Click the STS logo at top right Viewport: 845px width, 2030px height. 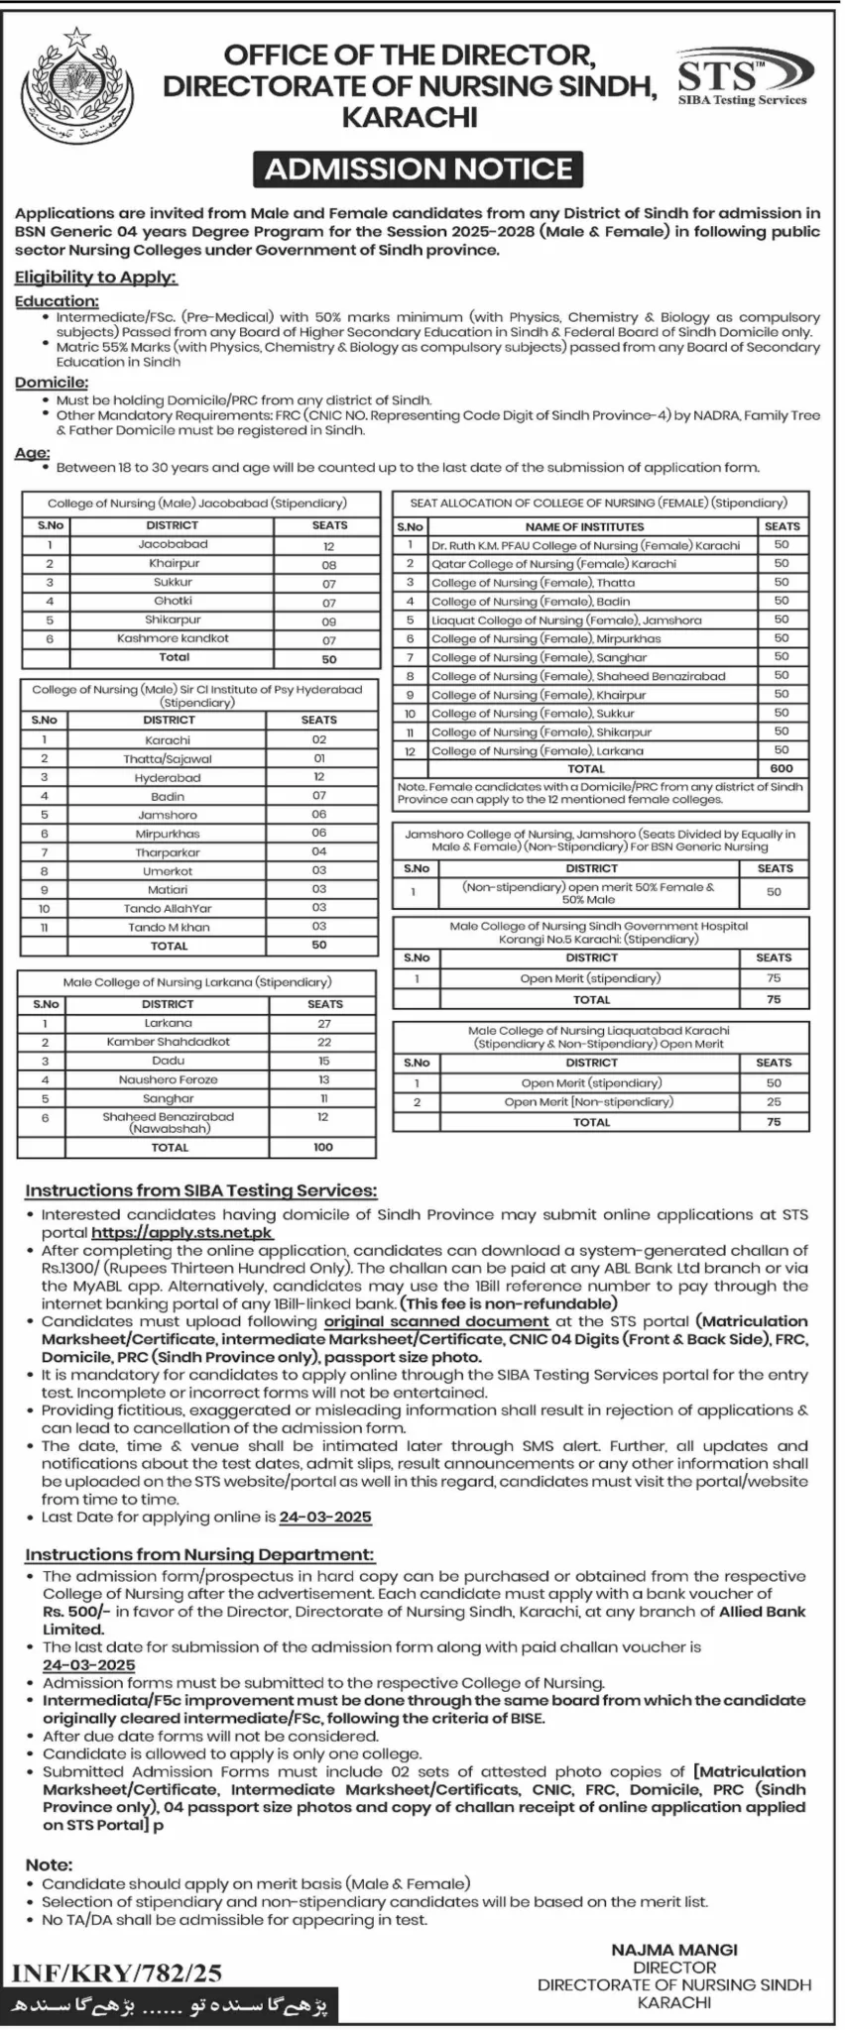pyautogui.click(x=743, y=79)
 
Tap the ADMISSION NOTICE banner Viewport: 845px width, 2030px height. pyautogui.click(x=418, y=169)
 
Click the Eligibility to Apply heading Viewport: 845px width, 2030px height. pyautogui.click(x=95, y=278)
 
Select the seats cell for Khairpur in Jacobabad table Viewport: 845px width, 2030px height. pyautogui.click(x=329, y=564)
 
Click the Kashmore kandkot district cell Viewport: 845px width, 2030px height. pyautogui.click(x=173, y=638)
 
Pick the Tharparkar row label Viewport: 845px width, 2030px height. pyautogui.click(x=168, y=852)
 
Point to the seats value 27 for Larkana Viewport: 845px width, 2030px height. pyautogui.click(x=324, y=1023)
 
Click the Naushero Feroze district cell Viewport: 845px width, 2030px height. pyautogui.click(x=169, y=1079)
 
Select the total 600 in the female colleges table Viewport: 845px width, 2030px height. pyautogui.click(x=782, y=768)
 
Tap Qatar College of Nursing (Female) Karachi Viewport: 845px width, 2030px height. pyautogui.click(x=553, y=564)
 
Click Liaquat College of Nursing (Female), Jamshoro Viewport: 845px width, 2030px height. pyautogui.click(x=566, y=620)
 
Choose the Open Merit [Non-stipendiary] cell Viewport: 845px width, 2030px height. pyautogui.click(x=589, y=1102)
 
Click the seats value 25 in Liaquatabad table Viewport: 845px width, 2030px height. pyautogui.click(x=774, y=1102)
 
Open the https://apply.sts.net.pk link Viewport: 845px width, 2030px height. pyautogui.click(x=181, y=1233)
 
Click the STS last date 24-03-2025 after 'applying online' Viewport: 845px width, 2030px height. pyautogui.click(x=325, y=1518)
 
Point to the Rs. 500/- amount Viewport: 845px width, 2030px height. pyautogui.click(x=76, y=1612)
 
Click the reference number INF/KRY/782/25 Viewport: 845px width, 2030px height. pyautogui.click(x=117, y=1974)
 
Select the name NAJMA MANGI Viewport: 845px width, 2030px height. pyautogui.click(x=674, y=1950)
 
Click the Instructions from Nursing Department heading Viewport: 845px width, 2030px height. pyautogui.click(x=200, y=1555)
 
